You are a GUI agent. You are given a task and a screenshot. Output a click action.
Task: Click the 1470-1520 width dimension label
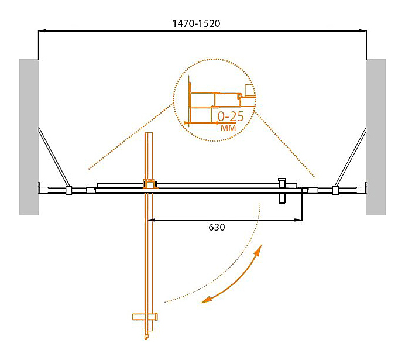(196, 23)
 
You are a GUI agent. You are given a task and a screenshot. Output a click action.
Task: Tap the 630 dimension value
(217, 227)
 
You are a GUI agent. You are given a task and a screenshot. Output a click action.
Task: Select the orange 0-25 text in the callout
(231, 116)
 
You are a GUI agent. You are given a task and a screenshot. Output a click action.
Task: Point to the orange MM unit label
(228, 128)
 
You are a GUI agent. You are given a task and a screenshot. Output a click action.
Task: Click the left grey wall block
(29, 137)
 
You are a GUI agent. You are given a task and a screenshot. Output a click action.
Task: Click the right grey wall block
(376, 137)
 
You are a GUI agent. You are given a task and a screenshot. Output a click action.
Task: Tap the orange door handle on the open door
(145, 317)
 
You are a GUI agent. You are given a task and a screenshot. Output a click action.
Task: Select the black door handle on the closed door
(282, 191)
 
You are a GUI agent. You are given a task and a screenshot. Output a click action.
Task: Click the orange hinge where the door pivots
(150, 184)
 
